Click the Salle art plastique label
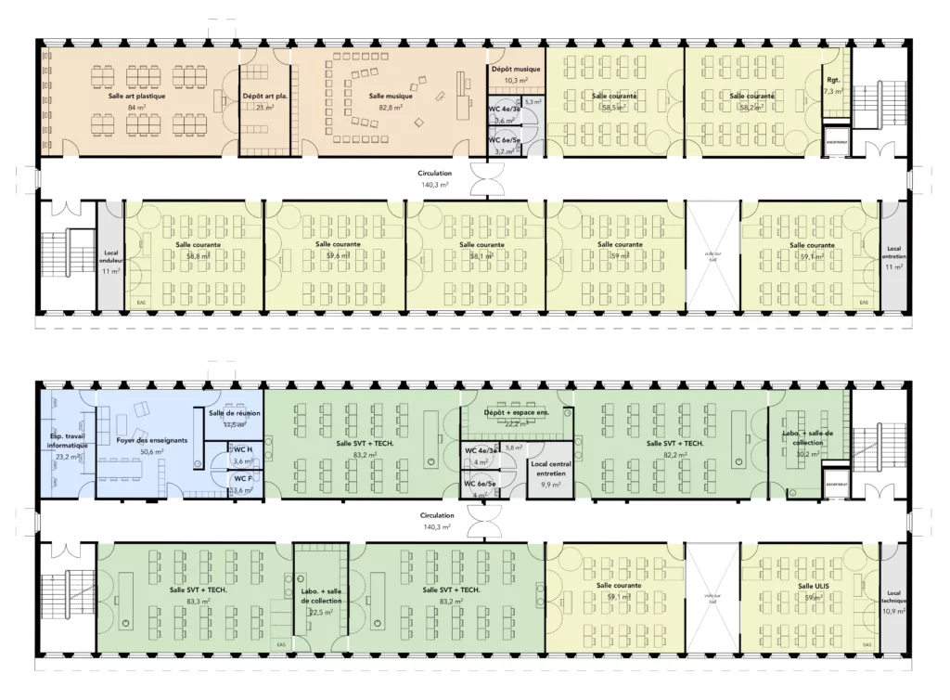(137, 96)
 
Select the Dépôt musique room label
(516, 70)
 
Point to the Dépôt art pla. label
(264, 96)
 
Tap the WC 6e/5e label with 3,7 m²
(505, 139)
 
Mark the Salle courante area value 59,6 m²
(338, 255)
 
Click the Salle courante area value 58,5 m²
(614, 108)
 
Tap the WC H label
(243, 450)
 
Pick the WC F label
(243, 478)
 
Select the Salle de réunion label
(234, 413)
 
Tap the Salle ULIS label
(814, 586)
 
